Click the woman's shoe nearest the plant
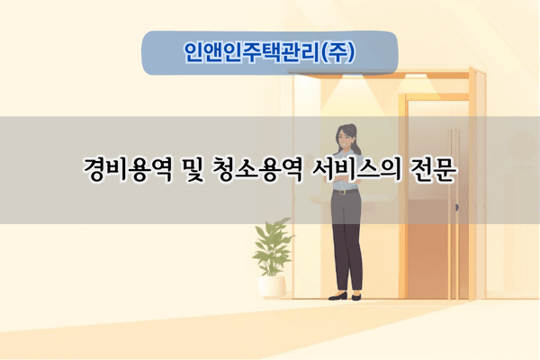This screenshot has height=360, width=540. coord(337,296)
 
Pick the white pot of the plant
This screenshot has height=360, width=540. coord(271,285)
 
